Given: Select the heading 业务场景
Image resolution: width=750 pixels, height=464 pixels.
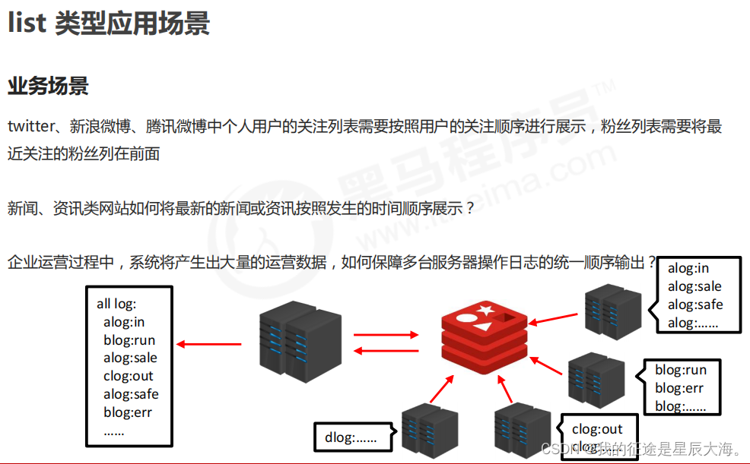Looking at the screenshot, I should pos(48,86).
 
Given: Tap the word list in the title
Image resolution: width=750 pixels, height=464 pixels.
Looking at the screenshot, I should pos(27,24).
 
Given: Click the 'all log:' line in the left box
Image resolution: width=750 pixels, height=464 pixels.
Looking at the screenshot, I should pos(116,304).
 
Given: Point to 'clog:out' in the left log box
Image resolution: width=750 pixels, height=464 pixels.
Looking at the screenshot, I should pos(129,376).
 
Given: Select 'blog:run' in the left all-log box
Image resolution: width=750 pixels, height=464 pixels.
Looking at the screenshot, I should pos(129,339).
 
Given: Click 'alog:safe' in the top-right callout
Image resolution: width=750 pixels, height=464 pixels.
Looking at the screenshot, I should pos(695,305).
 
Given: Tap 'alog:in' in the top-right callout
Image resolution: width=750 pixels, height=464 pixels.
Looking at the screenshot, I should pos(688,268).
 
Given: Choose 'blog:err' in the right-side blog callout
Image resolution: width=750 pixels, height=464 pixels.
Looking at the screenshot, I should pos(679,388).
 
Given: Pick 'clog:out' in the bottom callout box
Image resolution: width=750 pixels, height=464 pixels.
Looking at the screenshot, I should pos(597,429).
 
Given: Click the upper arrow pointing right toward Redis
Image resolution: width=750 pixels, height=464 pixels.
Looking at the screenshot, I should pos(386,334).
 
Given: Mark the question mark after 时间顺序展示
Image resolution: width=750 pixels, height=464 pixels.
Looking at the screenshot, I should pos(469,207).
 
